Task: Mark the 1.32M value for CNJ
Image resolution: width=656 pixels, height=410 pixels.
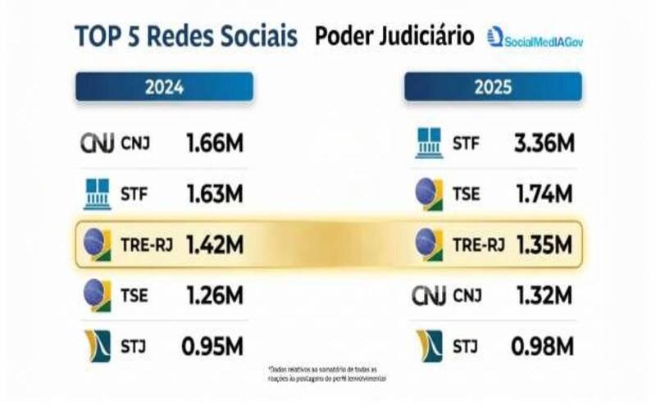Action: (543, 294)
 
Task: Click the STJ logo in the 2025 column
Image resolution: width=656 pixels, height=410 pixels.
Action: (429, 345)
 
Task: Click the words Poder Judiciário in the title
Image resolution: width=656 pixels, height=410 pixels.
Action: (394, 37)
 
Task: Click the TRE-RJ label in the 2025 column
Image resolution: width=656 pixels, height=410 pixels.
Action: (476, 244)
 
